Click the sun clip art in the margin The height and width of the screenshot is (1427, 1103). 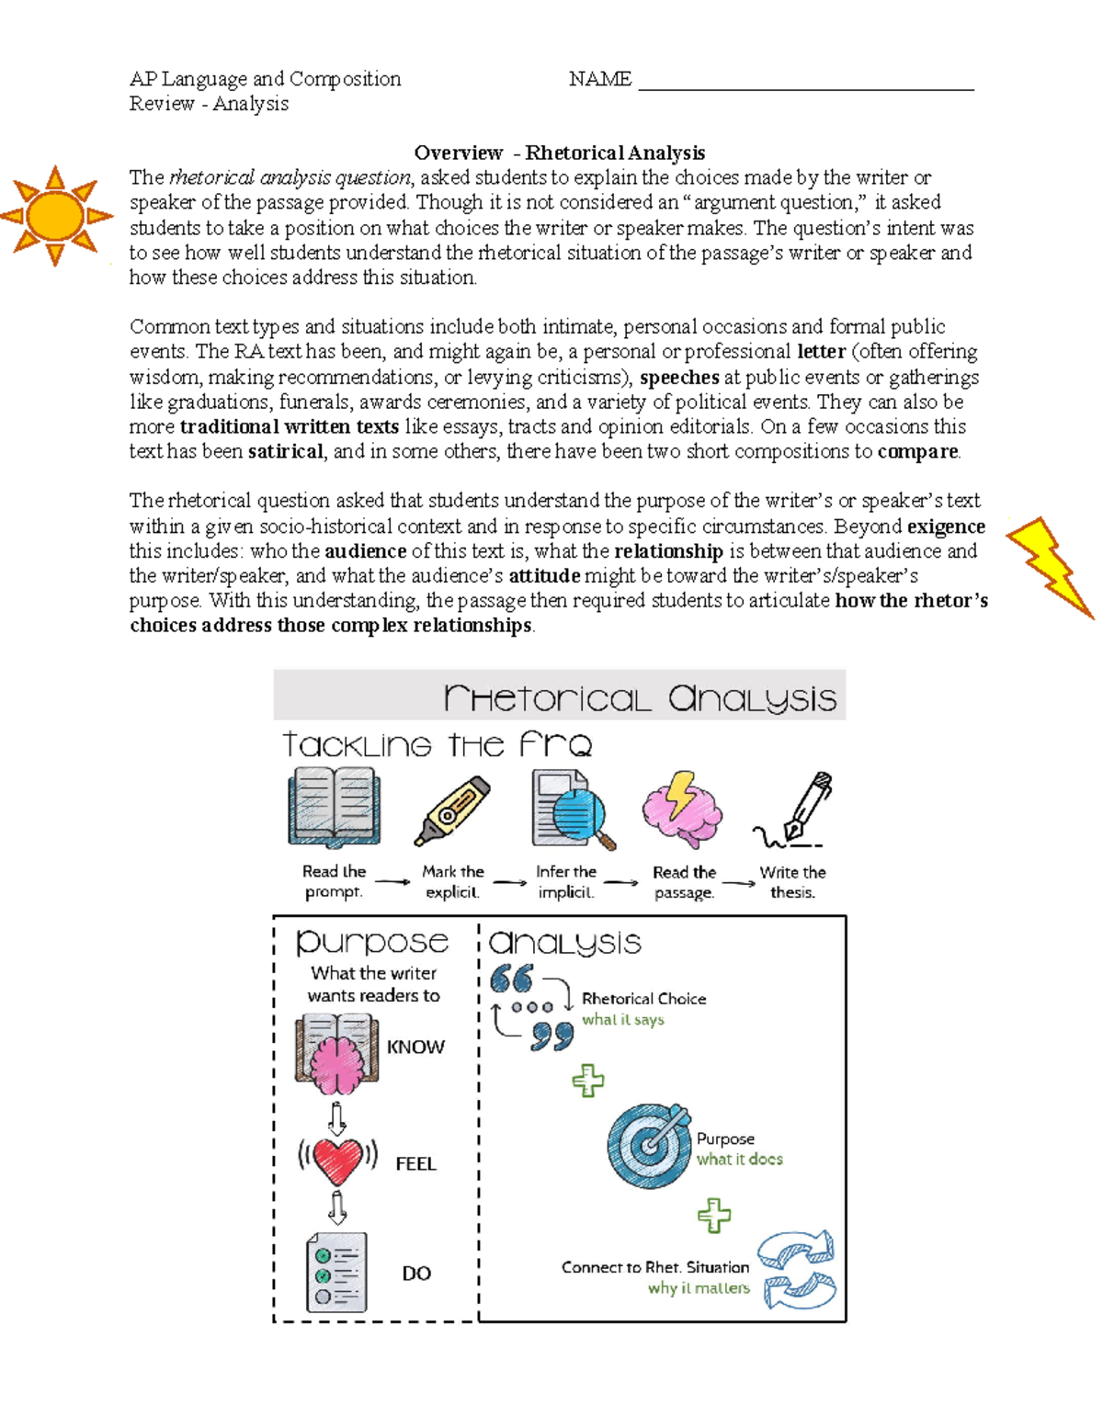click(56, 216)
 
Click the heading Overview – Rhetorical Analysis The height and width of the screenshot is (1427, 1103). click(559, 153)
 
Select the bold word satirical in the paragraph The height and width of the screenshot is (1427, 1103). click(285, 451)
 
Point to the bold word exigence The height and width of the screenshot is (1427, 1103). click(946, 527)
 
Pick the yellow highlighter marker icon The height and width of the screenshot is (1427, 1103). click(452, 810)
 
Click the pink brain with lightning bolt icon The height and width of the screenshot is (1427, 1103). click(681, 809)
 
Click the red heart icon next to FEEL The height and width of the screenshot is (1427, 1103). click(337, 1161)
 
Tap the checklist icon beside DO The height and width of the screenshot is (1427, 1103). click(336, 1272)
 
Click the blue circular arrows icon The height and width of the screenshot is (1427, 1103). click(796, 1270)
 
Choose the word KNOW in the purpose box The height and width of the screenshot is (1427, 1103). click(415, 1047)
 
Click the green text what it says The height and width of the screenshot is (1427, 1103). click(622, 1020)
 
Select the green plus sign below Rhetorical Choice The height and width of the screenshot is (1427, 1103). click(588, 1081)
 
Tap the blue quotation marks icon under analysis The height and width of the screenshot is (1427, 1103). click(532, 1006)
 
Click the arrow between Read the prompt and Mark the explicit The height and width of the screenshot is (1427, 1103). click(392, 882)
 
